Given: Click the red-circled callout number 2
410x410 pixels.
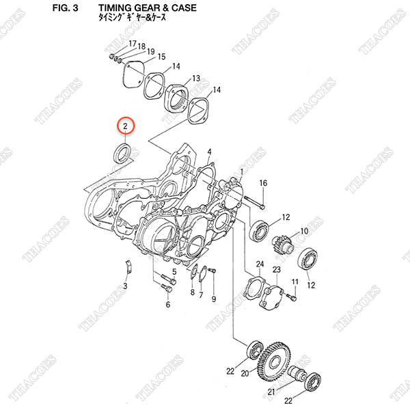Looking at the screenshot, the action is (x=125, y=126).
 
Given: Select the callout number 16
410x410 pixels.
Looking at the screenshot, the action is (x=263, y=183).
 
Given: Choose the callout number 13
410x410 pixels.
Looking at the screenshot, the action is (x=196, y=79).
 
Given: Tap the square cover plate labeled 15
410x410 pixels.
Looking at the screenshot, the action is (x=133, y=75).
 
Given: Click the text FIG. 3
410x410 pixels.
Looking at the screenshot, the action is (x=65, y=8).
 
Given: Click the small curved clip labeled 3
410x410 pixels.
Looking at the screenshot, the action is (x=128, y=266).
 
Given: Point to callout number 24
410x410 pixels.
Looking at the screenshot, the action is (x=260, y=264).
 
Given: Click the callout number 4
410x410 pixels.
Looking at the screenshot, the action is (x=209, y=152).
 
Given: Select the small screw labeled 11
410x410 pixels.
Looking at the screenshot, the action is (x=292, y=297).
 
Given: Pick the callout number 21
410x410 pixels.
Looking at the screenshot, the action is (x=272, y=392).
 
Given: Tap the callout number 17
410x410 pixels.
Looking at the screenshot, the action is (x=133, y=44).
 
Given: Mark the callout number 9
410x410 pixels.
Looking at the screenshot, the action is (x=214, y=299).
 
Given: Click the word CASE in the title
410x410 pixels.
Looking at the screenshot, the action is (x=184, y=8).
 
